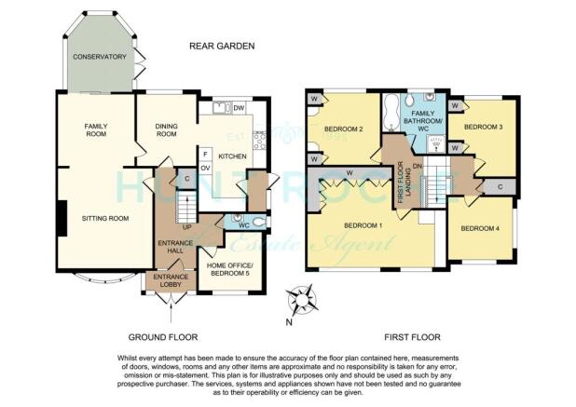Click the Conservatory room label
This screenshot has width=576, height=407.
[99, 57]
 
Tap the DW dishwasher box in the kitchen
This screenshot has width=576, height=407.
[240, 108]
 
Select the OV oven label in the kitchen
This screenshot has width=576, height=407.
[205, 168]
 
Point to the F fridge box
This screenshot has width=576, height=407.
[205, 155]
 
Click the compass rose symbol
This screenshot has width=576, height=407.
[302, 300]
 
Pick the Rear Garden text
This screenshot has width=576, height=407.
[222, 46]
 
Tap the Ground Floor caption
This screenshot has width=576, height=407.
[163, 337]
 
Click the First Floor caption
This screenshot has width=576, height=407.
[412, 337]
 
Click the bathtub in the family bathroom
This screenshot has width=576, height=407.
[391, 113]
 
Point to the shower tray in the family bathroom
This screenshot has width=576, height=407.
[436, 143]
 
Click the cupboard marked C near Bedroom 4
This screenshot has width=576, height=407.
[500, 187]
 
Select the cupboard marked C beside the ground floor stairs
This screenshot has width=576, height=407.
[187, 179]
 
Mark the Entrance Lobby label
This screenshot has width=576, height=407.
[171, 280]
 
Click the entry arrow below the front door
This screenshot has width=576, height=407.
[171, 312]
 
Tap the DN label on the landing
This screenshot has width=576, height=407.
[417, 166]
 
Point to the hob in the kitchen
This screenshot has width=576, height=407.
[259, 141]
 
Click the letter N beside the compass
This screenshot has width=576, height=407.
[289, 322]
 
